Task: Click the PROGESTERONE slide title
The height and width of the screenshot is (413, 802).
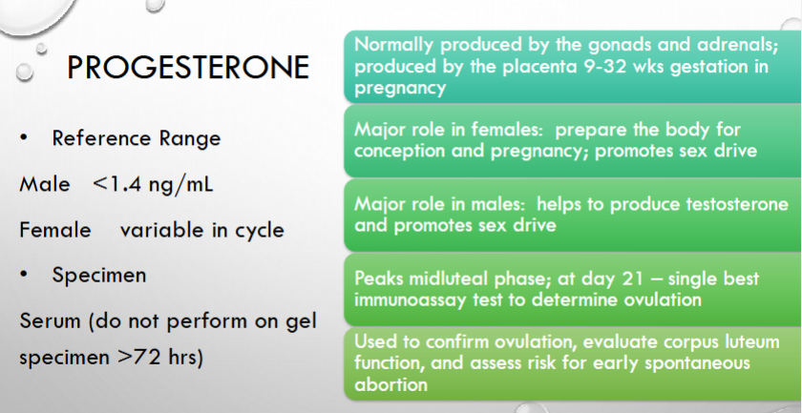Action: [188, 68]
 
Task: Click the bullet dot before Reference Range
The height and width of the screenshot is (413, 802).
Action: [24, 138]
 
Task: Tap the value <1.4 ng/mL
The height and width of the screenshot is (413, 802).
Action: [153, 184]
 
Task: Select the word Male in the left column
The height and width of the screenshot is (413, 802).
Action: [45, 184]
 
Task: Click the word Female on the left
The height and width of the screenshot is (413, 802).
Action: [55, 230]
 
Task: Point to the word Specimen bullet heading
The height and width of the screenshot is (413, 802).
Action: [99, 275]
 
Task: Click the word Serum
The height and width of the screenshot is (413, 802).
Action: [50, 321]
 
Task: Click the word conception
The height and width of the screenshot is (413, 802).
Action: [394, 152]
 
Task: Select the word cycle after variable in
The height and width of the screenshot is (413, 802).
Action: [260, 230]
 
